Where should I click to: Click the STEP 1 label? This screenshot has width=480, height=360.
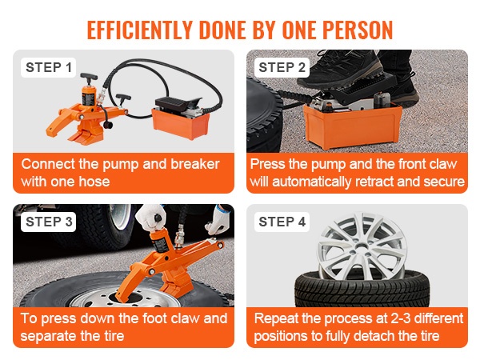48,68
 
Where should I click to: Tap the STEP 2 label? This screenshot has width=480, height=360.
282,68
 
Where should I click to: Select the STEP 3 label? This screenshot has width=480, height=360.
48,222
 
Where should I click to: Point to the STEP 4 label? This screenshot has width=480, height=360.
282,222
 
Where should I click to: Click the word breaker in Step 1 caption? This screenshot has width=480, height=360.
195,164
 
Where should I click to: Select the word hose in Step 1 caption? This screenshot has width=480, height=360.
94,182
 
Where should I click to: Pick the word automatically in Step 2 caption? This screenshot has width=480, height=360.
312,182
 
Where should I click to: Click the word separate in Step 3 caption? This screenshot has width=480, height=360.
44,336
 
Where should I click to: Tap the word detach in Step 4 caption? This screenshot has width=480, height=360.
374,336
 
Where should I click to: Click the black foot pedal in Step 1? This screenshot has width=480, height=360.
178,103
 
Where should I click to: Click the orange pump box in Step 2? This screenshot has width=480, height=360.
352,126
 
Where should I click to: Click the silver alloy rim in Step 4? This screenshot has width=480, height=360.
362,246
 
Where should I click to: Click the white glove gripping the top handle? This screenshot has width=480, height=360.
150,217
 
